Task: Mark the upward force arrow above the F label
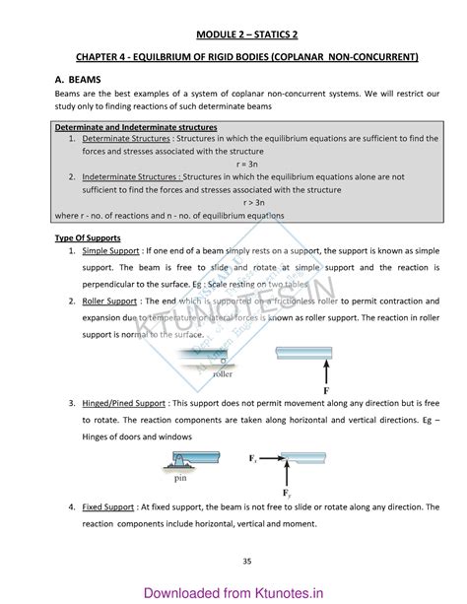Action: [x=299, y=370]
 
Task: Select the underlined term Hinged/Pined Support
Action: [x=125, y=404]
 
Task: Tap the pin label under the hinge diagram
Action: [x=180, y=480]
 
